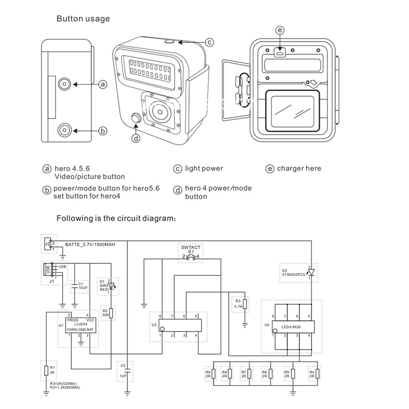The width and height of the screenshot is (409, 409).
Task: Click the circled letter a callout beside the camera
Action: pos(103,84)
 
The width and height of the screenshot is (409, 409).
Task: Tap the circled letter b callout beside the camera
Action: pos(103,131)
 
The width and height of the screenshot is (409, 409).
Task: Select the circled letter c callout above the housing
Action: pos(209,42)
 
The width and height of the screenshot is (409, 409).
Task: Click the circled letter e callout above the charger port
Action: pos(279,30)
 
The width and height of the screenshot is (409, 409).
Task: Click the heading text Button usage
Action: pos(83,19)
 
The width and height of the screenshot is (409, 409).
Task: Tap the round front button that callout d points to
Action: pos(136,118)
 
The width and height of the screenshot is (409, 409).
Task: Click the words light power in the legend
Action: pos(204,168)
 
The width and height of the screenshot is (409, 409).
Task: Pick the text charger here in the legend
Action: pos(299,168)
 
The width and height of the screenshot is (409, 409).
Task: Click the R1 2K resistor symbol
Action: pos(46,371)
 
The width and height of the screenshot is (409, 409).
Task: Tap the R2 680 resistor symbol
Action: pos(111,313)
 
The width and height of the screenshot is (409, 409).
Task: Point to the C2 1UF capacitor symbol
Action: pos(127,371)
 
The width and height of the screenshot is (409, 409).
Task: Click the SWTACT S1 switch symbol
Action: pos(191,257)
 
